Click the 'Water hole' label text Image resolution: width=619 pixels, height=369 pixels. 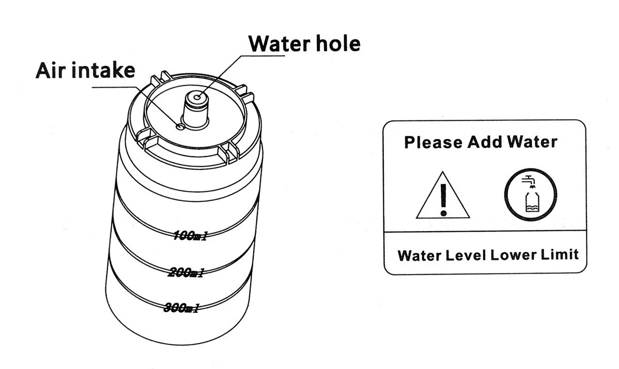(x=304, y=43)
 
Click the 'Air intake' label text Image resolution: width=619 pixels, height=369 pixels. (x=85, y=71)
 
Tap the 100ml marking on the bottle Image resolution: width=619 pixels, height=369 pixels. (x=190, y=236)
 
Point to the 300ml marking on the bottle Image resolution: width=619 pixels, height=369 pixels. (x=182, y=308)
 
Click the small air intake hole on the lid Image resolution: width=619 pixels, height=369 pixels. (x=180, y=126)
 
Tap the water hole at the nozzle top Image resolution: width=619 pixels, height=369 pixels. (x=197, y=97)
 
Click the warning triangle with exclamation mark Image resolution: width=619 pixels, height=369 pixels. (x=443, y=196)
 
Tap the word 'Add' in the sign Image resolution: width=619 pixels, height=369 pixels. (x=484, y=142)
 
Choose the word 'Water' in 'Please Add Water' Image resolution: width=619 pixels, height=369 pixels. (x=531, y=142)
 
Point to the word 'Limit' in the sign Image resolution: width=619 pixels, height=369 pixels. (x=561, y=255)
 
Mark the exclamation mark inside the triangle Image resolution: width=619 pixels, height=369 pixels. (x=443, y=199)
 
